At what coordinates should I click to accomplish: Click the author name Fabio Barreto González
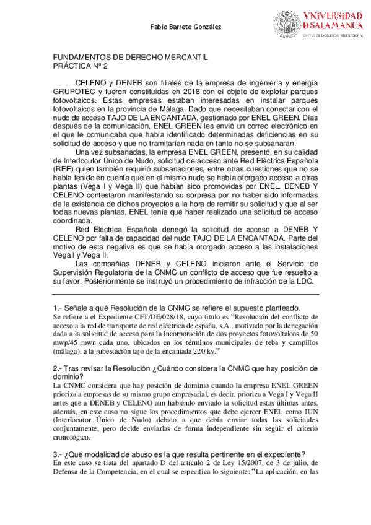tap(186, 27)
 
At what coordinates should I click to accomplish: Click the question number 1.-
tap(58, 308)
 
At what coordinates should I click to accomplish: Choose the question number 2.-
tap(58, 368)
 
